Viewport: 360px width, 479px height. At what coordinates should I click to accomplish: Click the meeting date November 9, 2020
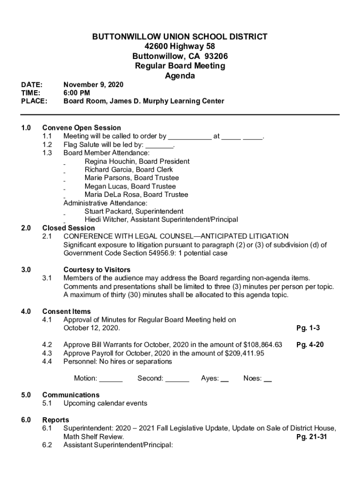93,85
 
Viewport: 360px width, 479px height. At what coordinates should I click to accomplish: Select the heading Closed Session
68,228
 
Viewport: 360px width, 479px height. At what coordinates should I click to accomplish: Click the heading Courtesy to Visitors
97,270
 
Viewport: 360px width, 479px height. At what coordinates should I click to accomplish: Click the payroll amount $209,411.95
242,354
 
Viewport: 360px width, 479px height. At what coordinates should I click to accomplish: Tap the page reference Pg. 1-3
308,328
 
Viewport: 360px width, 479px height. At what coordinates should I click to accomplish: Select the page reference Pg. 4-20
310,345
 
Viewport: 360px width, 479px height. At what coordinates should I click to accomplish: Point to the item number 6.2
47,445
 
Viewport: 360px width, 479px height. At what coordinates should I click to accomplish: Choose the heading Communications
71,395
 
